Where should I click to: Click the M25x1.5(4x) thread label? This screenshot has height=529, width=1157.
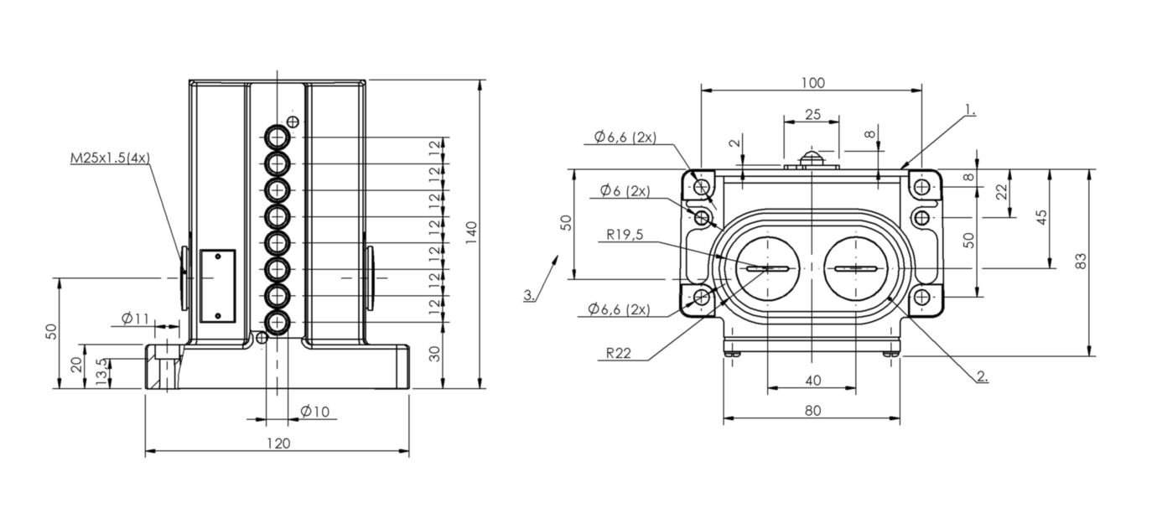[110, 158]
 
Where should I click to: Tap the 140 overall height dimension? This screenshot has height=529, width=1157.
[471, 234]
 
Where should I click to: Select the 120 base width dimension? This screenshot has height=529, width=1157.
[278, 443]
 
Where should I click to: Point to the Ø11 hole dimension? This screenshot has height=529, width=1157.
[135, 319]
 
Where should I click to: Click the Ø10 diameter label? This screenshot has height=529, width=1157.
[314, 412]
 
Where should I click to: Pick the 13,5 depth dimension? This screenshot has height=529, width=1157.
[103, 371]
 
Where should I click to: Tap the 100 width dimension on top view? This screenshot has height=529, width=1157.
[812, 83]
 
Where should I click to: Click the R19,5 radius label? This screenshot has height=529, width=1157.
[625, 235]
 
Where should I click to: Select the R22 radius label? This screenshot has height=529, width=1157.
[618, 353]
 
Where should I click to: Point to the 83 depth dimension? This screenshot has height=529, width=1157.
[1081, 262]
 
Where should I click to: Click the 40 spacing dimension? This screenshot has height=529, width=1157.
[813, 381]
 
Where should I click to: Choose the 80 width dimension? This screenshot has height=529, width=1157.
[813, 411]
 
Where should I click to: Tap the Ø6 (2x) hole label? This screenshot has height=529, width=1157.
[625, 191]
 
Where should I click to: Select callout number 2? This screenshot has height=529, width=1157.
[983, 376]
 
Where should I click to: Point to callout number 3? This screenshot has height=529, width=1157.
[529, 295]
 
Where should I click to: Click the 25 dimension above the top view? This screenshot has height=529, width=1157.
[812, 115]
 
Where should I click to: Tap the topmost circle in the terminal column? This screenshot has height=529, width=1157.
[278, 137]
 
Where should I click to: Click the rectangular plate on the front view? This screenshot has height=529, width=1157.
[217, 286]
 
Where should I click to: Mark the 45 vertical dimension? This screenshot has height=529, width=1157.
[1042, 217]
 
